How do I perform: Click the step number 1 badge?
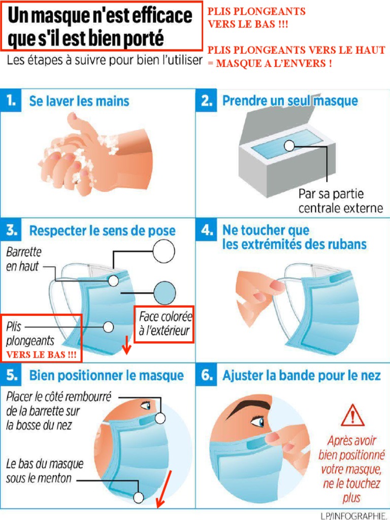pyautogui.click(x=11, y=100)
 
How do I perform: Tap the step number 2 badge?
pyautogui.click(x=206, y=100)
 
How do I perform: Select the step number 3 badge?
pyautogui.click(x=11, y=230)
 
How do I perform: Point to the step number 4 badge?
pyautogui.click(x=206, y=230)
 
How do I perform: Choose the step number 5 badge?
pyautogui.click(x=11, y=375)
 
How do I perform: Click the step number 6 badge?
pyautogui.click(x=206, y=375)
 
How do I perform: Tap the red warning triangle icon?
pyautogui.click(x=352, y=415)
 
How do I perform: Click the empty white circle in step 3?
pyautogui.click(x=164, y=251)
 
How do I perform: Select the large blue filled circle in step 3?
pyautogui.click(x=165, y=293)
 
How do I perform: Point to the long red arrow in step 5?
pyautogui.click(x=165, y=489)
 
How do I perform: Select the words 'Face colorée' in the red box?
pyautogui.click(x=166, y=316)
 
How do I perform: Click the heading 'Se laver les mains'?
pyautogui.click(x=79, y=101)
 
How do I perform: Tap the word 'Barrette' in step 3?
pyautogui.click(x=24, y=252)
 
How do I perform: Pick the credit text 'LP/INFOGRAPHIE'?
pyautogui.click(x=354, y=515)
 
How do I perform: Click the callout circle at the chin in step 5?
pyautogui.click(x=139, y=498)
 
